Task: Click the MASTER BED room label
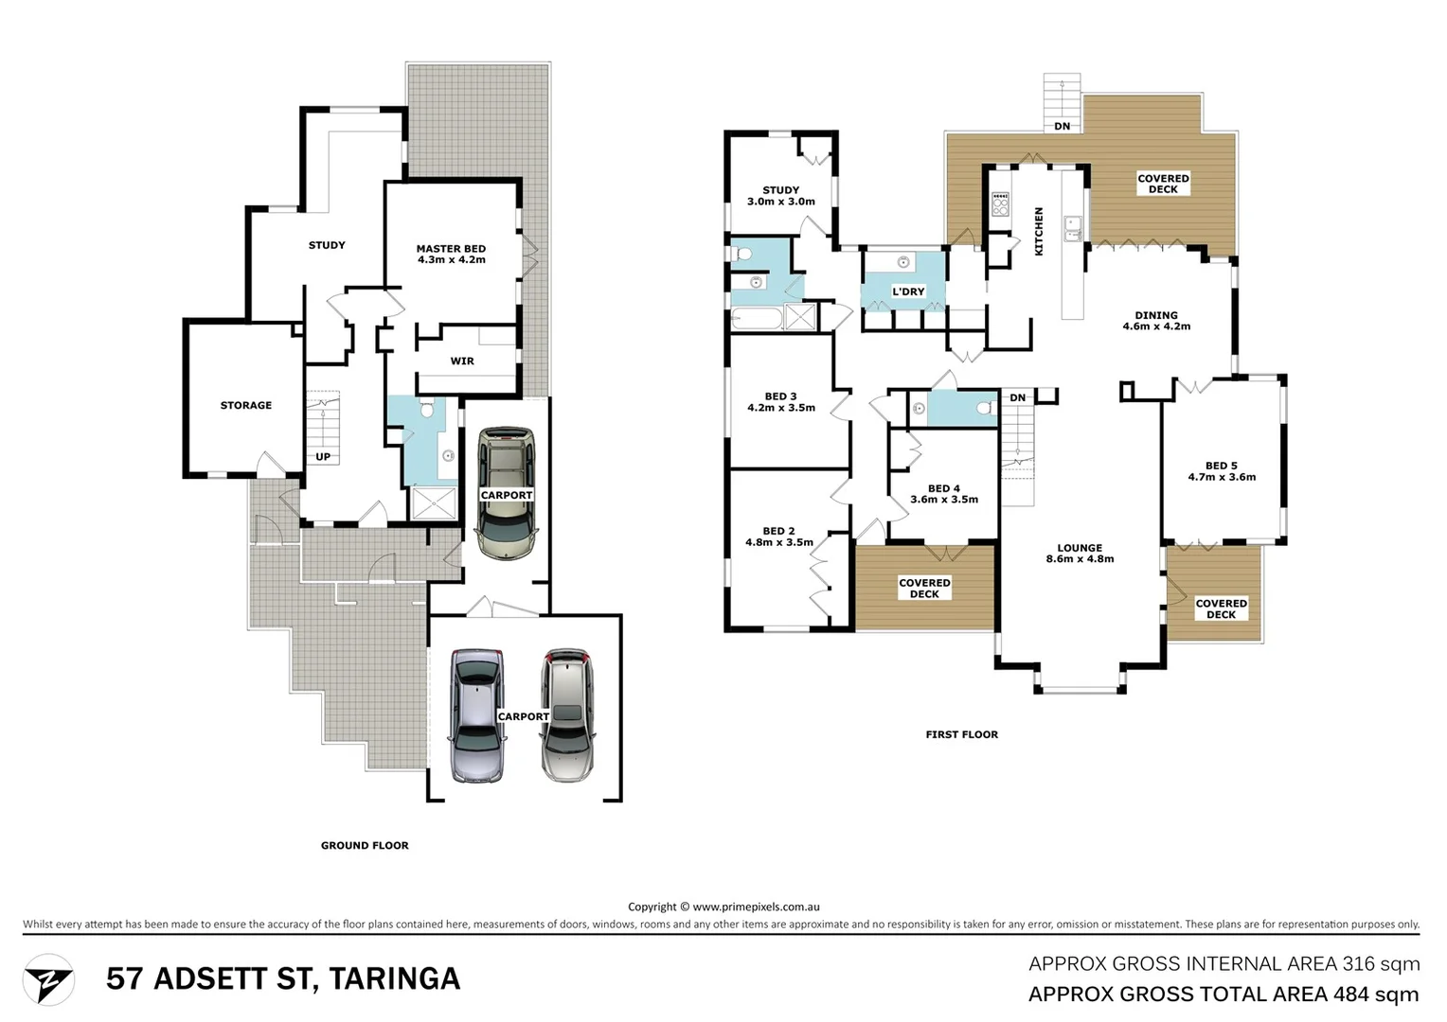451,249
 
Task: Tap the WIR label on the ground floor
462,361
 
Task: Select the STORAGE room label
246,405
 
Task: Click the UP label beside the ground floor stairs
323,457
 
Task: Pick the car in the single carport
507,494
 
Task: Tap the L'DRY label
907,291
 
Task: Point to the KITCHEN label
1039,232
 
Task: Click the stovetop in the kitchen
1000,203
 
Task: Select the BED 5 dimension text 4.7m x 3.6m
1222,477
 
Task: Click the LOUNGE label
1080,548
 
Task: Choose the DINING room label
1156,315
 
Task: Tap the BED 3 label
780,396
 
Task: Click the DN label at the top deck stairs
1063,126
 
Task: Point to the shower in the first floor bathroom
800,317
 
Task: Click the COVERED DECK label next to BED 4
924,589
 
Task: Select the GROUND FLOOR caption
365,845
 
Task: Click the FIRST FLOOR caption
961,734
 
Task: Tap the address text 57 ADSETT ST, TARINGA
283,978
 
